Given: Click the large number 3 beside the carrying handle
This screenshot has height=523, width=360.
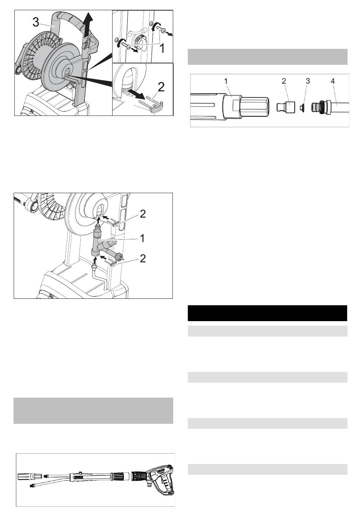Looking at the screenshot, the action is click(x=36, y=22).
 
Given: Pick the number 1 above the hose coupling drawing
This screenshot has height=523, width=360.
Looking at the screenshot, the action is click(x=225, y=81).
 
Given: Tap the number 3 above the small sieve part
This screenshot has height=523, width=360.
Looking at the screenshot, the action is click(x=308, y=81).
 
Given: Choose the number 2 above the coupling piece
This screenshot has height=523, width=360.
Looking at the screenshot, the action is click(x=283, y=81).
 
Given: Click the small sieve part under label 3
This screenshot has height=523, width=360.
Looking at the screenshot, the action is click(x=302, y=108).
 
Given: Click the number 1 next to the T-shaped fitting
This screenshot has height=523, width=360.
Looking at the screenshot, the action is click(x=142, y=238).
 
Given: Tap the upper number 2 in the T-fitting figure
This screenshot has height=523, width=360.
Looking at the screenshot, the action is click(x=142, y=214).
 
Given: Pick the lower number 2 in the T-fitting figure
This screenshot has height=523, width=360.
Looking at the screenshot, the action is click(x=142, y=258).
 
